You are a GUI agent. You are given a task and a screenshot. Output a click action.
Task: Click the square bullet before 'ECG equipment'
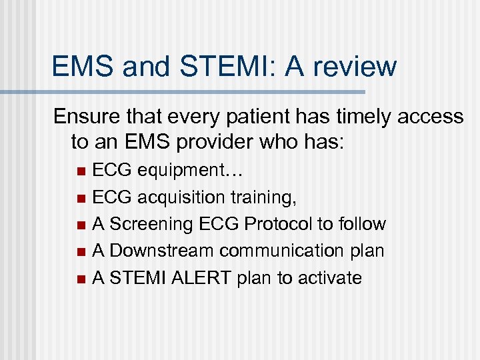click(x=81, y=172)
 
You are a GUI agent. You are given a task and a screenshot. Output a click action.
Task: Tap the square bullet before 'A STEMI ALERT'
click(x=81, y=278)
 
